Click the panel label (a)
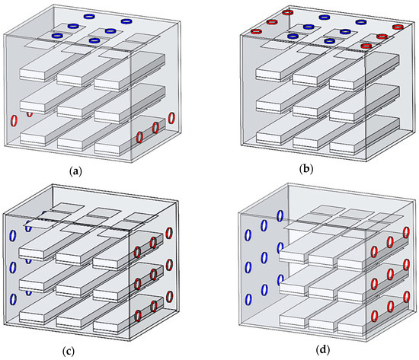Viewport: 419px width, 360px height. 75,170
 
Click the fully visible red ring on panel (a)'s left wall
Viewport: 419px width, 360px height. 13,121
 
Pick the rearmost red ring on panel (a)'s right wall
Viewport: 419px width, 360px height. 171,119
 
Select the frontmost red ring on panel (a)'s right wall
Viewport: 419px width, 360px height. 139,136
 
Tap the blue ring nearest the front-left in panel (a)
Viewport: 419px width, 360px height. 57,35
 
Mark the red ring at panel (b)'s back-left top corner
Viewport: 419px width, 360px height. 287,11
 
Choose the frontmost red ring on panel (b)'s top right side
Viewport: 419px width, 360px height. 366,46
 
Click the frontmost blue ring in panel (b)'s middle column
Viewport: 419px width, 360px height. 329,40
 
